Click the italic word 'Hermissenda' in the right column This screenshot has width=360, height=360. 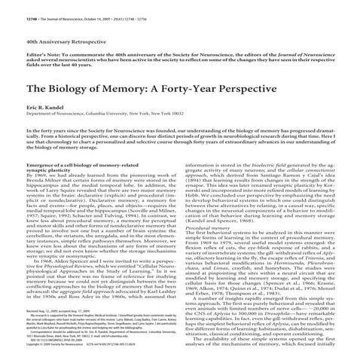pyautogui.click(x=301, y=281)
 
